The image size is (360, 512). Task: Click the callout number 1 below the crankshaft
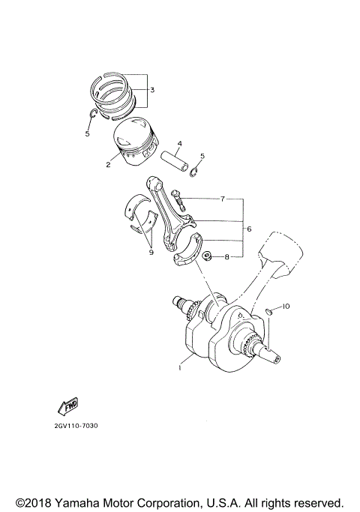pos(180,368)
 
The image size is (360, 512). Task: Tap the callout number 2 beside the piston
pos(108,164)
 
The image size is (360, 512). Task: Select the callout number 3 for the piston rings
pos(152,90)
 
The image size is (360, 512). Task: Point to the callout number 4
pos(179,143)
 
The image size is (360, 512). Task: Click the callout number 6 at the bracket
pos(248,229)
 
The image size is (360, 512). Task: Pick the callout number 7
pos(222,199)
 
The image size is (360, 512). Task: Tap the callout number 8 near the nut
pos(226,257)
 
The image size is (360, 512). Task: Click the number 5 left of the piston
pos(87,134)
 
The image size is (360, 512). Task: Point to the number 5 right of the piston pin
pos(202,157)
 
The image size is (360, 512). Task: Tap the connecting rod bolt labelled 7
pos(176,200)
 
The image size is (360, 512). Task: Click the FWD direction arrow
pos(67,407)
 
